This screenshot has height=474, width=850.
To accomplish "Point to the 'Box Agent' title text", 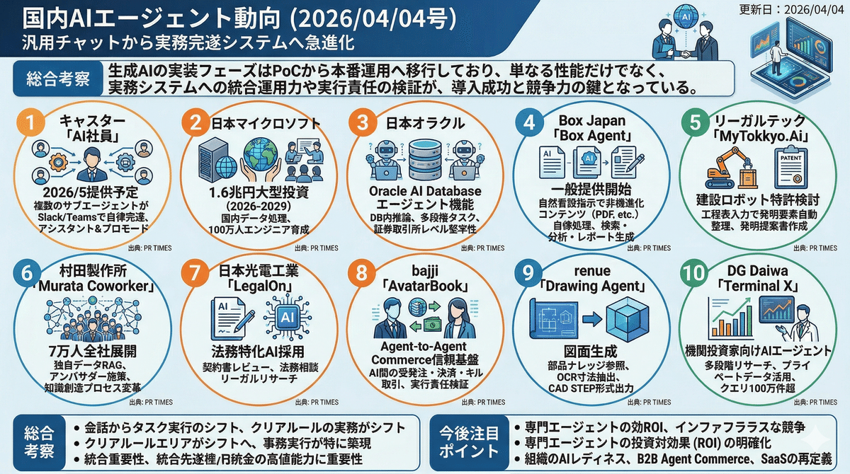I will pos(595,135).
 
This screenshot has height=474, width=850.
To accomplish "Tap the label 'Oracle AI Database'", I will pos(425,191).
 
